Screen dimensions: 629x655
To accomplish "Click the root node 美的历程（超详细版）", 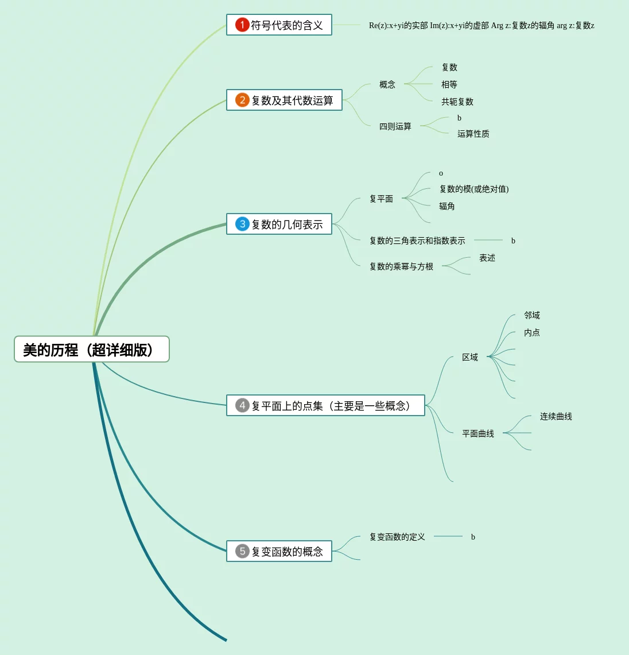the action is [x=92, y=350].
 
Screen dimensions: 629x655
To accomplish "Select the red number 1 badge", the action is [x=242, y=25].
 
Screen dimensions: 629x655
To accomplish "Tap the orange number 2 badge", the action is [x=242, y=100].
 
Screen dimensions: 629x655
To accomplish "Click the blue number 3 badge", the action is [x=242, y=224].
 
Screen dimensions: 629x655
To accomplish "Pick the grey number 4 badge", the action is [x=242, y=406].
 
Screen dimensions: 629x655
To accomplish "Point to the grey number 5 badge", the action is [x=242, y=552].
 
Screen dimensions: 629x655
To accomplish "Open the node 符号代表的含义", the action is [x=286, y=25].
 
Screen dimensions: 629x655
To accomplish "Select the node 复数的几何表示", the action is [x=287, y=224].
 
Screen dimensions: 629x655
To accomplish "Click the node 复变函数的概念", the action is [x=287, y=552].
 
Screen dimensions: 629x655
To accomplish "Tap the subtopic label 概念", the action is [x=387, y=84].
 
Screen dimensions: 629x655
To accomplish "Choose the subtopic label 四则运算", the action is [x=395, y=126].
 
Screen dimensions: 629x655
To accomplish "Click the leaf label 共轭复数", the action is [x=457, y=102].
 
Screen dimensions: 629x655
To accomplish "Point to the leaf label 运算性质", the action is [x=473, y=134].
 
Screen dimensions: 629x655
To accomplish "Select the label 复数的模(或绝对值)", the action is [x=474, y=189].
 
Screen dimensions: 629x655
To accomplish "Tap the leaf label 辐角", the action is [x=447, y=206].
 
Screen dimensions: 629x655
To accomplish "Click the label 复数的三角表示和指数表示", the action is [x=417, y=241].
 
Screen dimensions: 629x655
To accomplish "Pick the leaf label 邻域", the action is [x=532, y=315].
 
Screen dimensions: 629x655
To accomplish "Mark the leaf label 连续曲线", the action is [x=556, y=416].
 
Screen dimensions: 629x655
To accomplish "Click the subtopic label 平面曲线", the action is [x=478, y=433].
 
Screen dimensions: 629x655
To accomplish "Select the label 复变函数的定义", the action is [x=397, y=537].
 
